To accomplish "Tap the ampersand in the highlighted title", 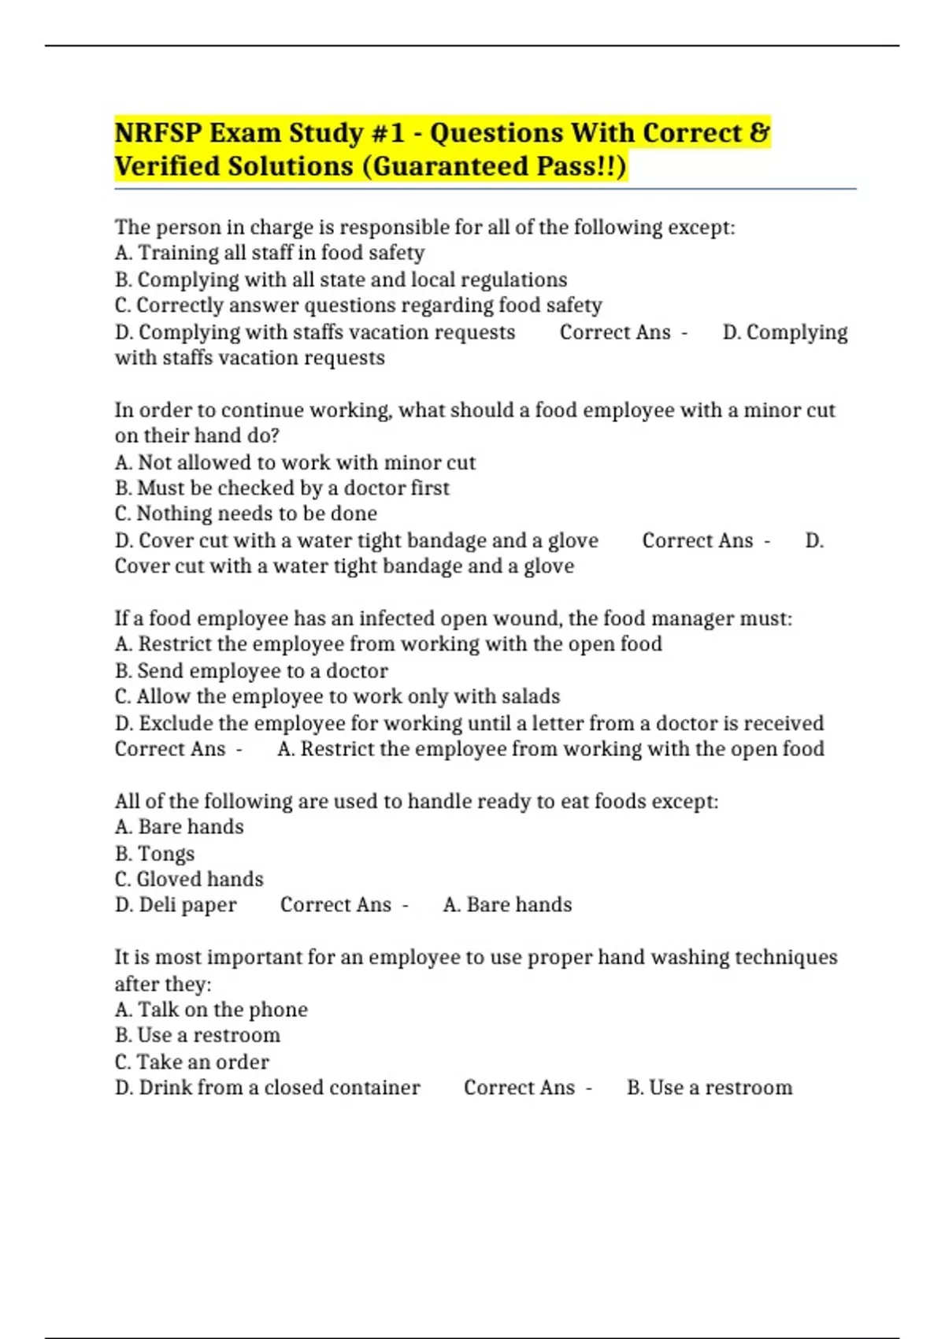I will click(x=759, y=133).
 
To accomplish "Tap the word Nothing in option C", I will click(x=170, y=514).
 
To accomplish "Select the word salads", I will click(x=530, y=696).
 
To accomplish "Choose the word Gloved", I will click(x=169, y=879).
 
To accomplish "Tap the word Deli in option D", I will click(x=157, y=905).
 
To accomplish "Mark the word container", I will click(x=374, y=1088).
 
